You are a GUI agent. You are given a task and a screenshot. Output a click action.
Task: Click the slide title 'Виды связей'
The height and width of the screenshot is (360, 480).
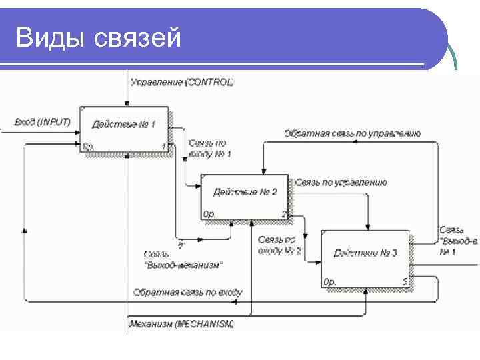99,38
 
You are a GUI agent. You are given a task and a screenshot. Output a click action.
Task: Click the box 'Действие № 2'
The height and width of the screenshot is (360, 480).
245,196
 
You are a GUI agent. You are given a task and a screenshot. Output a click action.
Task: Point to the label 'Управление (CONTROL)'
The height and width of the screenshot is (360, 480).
183,82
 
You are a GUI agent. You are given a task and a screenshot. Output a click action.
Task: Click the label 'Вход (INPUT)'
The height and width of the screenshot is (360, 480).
43,122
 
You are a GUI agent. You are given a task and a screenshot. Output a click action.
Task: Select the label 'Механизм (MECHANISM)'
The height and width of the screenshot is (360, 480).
181,325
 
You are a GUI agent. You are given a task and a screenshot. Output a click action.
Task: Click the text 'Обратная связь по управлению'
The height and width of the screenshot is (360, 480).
352,133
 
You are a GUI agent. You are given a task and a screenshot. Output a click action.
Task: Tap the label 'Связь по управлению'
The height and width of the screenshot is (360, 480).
341,182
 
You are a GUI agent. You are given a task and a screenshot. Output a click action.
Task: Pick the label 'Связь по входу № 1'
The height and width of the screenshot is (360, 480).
209,148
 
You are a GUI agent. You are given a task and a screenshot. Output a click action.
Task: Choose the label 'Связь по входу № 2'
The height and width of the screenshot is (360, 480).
279,245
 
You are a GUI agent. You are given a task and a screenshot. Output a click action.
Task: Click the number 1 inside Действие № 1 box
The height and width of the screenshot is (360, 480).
163,146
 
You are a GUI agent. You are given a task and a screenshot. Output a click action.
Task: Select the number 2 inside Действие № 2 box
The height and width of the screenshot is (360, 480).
283,214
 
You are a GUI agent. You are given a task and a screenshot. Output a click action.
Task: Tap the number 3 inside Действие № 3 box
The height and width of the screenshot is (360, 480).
404,282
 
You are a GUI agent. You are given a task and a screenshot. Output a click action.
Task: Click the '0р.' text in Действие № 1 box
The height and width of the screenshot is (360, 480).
88,146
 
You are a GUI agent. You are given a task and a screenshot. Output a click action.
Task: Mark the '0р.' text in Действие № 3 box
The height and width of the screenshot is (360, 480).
330,282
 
